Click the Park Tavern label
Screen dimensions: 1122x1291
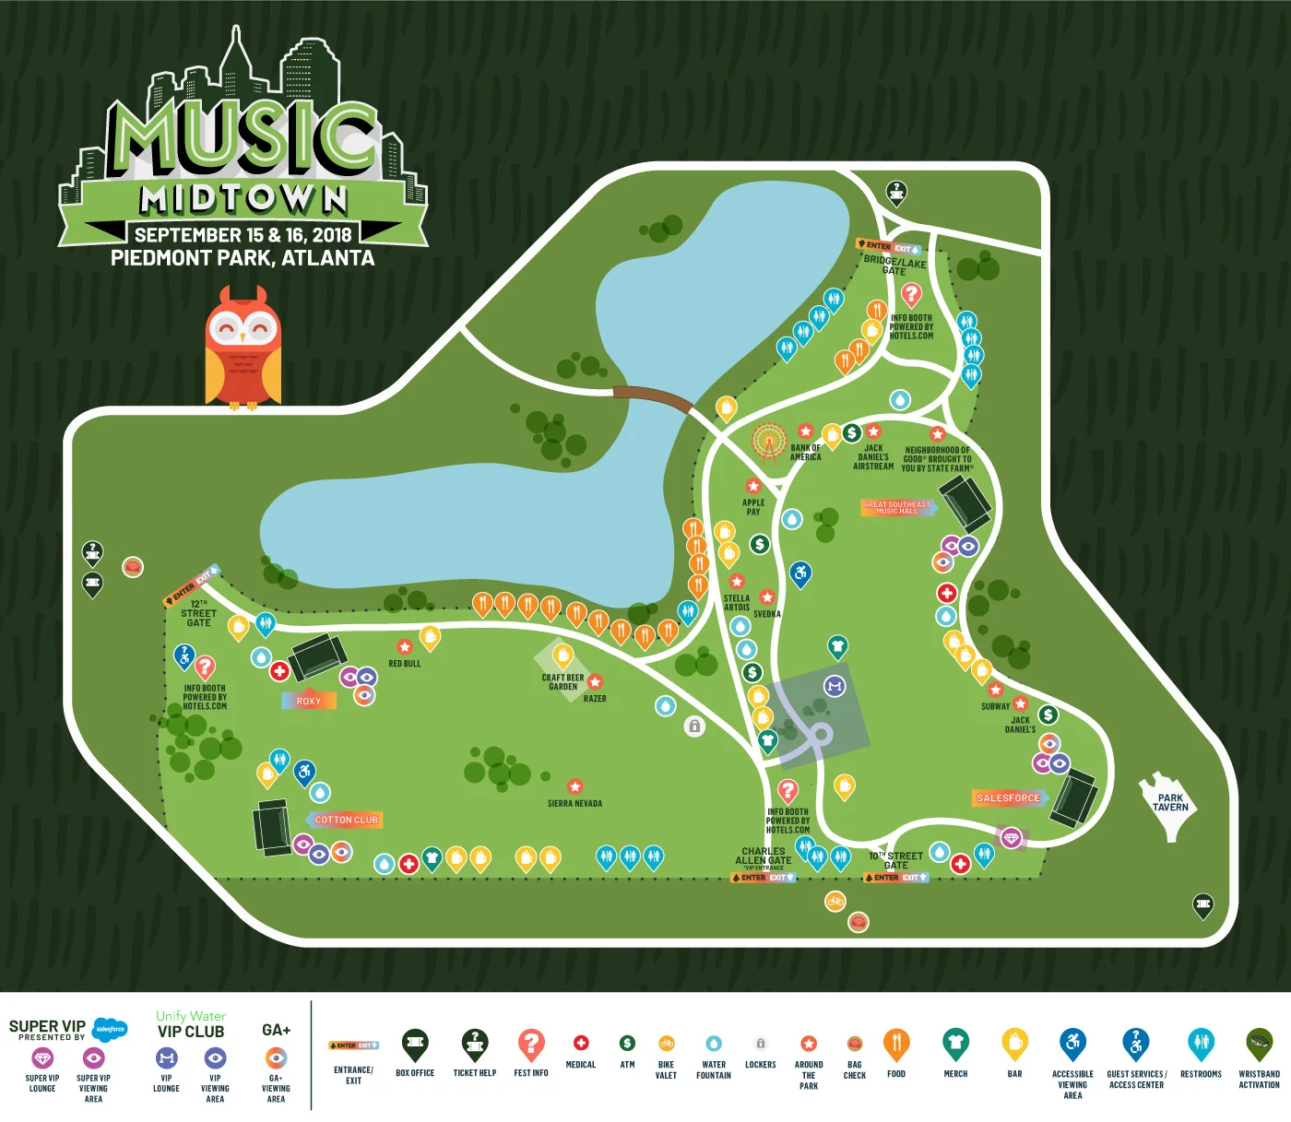(1170, 802)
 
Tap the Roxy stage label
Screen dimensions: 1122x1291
(309, 701)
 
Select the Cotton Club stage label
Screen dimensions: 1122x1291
(346, 820)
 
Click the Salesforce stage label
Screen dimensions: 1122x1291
(1008, 797)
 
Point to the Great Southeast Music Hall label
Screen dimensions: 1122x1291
(896, 507)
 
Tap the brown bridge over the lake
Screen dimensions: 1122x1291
(653, 397)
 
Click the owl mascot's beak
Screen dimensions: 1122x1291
(243, 337)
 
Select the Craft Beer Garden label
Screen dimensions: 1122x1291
(563, 681)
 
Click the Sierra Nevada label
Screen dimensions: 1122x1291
(574, 803)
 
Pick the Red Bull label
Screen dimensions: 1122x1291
(404, 663)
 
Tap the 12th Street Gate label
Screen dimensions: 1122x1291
(198, 613)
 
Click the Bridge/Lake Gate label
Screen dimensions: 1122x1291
(894, 266)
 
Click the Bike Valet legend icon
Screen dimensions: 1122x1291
(666, 1044)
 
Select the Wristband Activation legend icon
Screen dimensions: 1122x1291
(1259, 1044)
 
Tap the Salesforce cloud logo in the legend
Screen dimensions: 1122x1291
(110, 1029)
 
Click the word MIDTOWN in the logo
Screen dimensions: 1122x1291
(243, 198)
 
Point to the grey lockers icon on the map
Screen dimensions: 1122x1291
(694, 726)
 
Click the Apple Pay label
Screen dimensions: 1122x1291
(753, 507)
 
